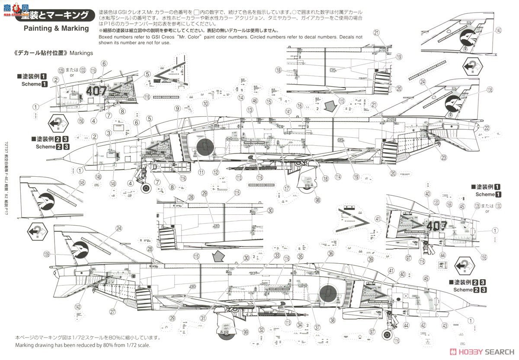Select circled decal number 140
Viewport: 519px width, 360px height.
498,30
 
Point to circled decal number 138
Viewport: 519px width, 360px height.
489,90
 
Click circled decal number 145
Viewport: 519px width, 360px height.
70,183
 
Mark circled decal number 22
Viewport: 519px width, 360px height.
487,127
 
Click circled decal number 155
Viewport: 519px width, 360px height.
484,258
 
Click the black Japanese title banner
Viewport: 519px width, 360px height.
54,16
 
